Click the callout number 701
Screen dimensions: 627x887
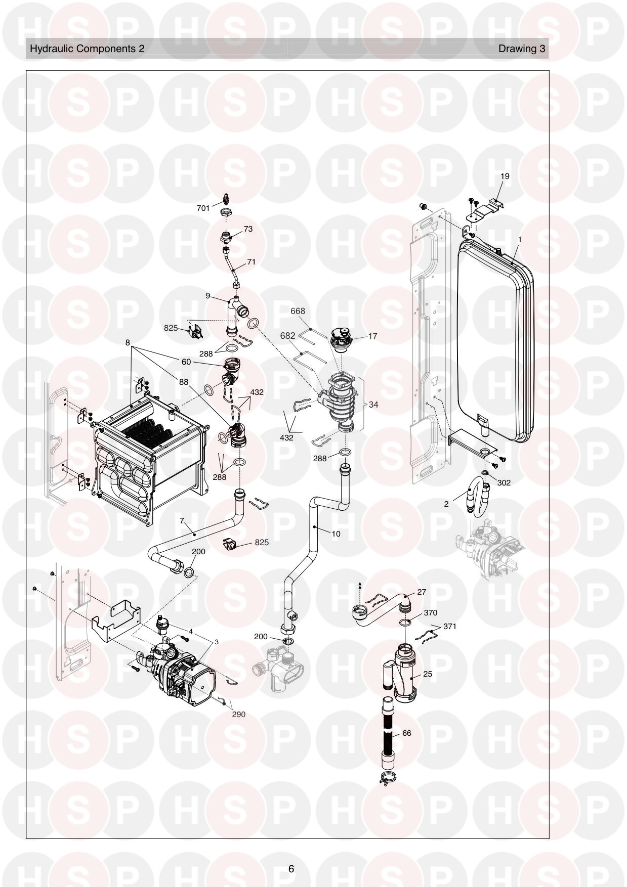pyautogui.click(x=203, y=208)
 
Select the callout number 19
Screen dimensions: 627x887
pyautogui.click(x=505, y=176)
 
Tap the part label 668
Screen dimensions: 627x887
pyautogui.click(x=298, y=311)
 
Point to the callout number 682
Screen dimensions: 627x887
pyautogui.click(x=287, y=335)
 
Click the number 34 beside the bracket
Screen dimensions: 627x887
pyautogui.click(x=373, y=405)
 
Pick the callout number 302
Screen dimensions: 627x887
pyautogui.click(x=504, y=482)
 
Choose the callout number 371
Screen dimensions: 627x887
pyautogui.click(x=449, y=626)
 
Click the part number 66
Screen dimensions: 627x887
pyautogui.click(x=406, y=733)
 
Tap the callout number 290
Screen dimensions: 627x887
pyautogui.click(x=238, y=714)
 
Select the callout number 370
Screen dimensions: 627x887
pyautogui.click(x=430, y=612)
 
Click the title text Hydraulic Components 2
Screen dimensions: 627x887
pyautogui.click(x=87, y=49)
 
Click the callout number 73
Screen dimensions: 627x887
pyautogui.click(x=248, y=229)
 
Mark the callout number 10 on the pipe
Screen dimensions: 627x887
pyautogui.click(x=336, y=533)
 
